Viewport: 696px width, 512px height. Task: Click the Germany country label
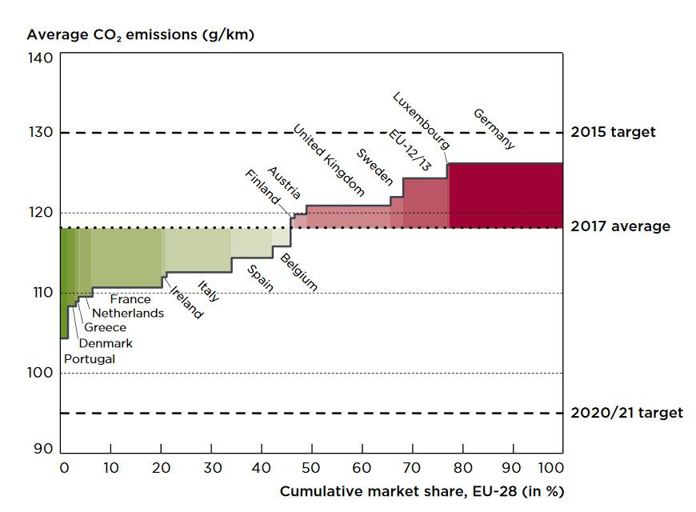pyautogui.click(x=494, y=129)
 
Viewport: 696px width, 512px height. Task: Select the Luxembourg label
pyautogui.click(x=422, y=121)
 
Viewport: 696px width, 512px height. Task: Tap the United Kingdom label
pyautogui.click(x=328, y=160)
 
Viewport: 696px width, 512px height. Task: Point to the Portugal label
pyautogui.click(x=89, y=358)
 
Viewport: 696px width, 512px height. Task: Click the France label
pyautogui.click(x=130, y=299)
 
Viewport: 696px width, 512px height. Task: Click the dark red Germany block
pyautogui.click(x=504, y=195)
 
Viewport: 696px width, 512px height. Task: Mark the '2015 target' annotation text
pyautogui.click(x=613, y=132)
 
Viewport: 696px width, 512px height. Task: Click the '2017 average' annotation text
pyautogui.click(x=620, y=226)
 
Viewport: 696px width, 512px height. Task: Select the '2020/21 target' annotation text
pyautogui.click(x=626, y=413)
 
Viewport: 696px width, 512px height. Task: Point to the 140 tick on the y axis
pyautogui.click(x=44, y=58)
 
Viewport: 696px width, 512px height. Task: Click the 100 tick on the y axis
pyautogui.click(x=44, y=373)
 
